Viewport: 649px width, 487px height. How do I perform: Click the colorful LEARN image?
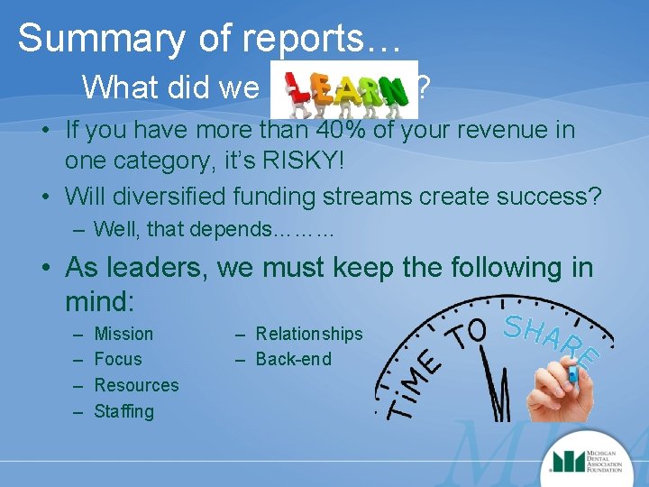click(343, 89)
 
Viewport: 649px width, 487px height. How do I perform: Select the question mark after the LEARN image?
click(424, 87)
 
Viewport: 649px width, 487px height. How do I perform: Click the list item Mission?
click(123, 334)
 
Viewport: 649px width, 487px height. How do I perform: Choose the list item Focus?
click(118, 359)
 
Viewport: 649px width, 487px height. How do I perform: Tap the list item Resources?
click(136, 385)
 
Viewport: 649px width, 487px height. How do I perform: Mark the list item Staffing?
click(123, 411)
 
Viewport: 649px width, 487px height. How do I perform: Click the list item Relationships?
click(308, 334)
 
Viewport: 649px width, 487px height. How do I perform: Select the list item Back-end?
click(293, 359)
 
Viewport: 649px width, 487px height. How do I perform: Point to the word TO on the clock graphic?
click(471, 335)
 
